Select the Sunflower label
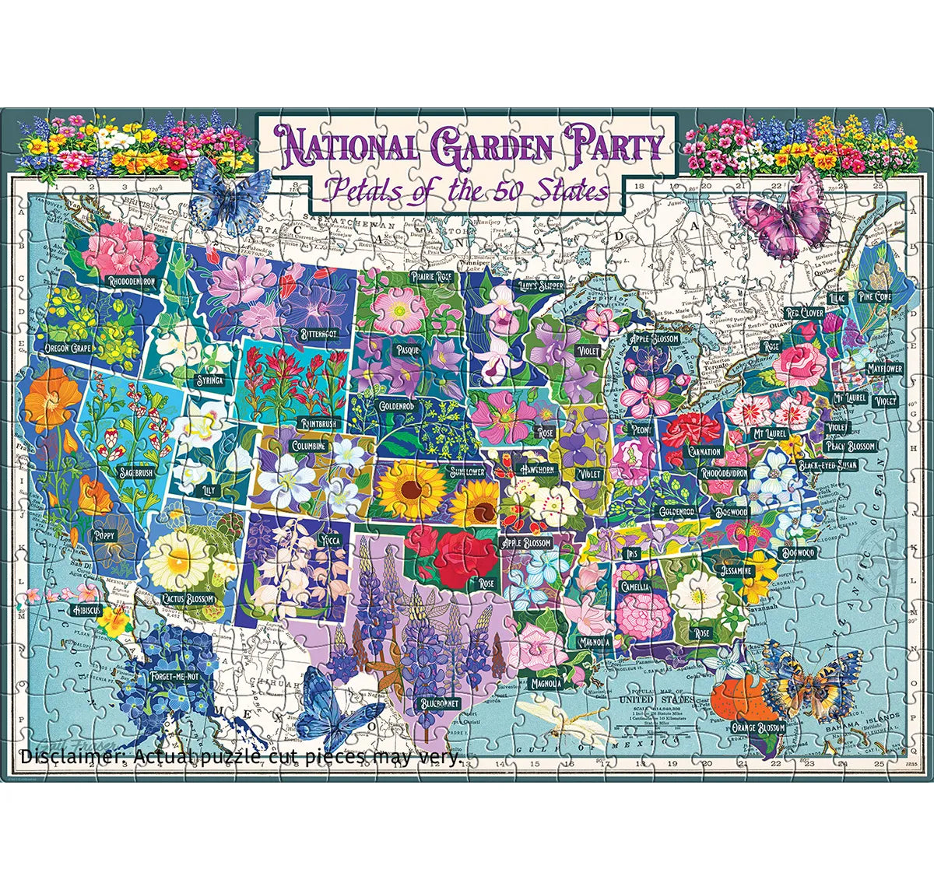[466, 471]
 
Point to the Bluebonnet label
[439, 703]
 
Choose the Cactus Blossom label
[188, 598]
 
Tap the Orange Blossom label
[757, 728]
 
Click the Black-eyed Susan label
[827, 466]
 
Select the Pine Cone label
[873, 296]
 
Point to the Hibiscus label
[83, 610]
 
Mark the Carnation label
[704, 451]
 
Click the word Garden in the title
[490, 148]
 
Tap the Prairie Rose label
[434, 276]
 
